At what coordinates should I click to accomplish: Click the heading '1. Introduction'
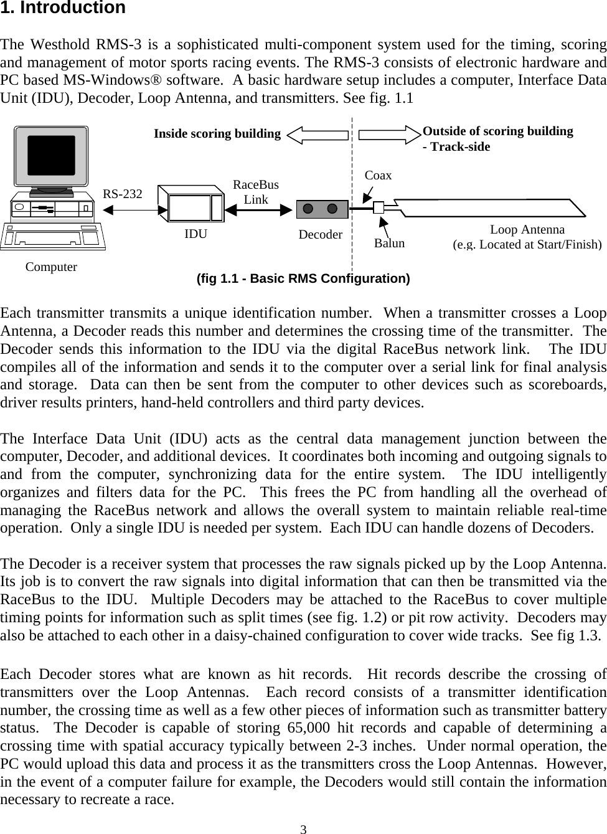[x=63, y=8]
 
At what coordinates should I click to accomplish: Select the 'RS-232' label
[x=122, y=194]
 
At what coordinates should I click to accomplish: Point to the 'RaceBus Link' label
[x=255, y=192]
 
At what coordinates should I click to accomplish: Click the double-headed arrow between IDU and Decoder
[x=258, y=210]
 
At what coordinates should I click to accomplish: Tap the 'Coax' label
[x=378, y=176]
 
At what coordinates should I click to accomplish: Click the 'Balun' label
[x=389, y=243]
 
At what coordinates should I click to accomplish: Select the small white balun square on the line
[x=379, y=208]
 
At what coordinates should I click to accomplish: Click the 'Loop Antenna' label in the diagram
[x=527, y=229]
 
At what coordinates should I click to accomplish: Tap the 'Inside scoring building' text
[x=217, y=133]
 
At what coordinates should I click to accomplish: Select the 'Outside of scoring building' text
[x=497, y=131]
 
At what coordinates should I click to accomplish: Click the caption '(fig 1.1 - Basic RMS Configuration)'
[x=303, y=278]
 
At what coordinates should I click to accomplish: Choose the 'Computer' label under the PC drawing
[x=51, y=267]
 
